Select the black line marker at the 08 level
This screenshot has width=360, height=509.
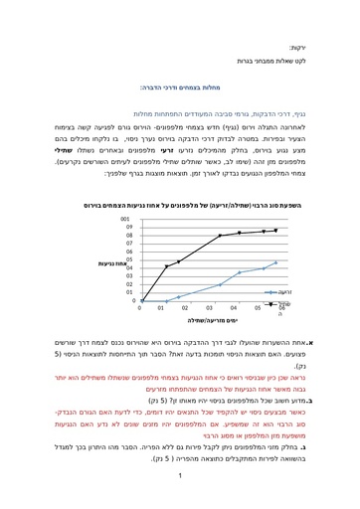pos(219,237)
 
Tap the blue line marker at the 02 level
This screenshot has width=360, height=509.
pos(219,284)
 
